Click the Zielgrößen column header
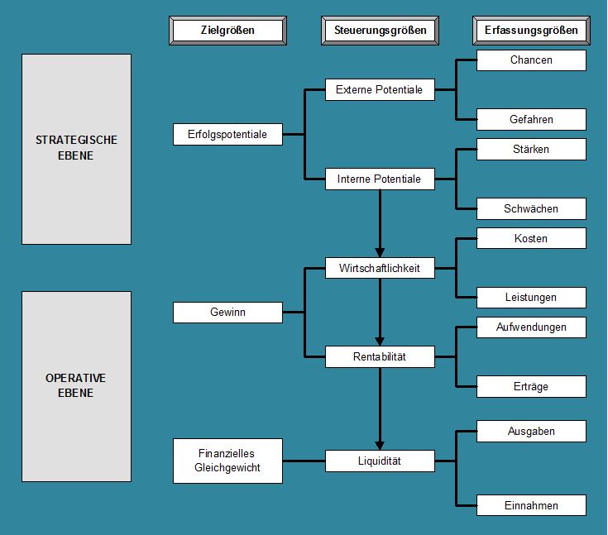[x=228, y=31]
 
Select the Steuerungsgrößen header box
[x=380, y=31]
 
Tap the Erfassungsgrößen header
[x=531, y=31]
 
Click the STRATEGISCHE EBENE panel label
[x=76, y=148]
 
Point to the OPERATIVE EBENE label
[x=75, y=385]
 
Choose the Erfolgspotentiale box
[x=228, y=135]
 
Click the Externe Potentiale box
[x=380, y=90]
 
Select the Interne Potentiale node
[x=380, y=179]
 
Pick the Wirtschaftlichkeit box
[x=380, y=268]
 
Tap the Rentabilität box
[x=380, y=356]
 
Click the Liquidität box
[x=380, y=461]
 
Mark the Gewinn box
[x=228, y=313]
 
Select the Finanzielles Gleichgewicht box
[x=228, y=461]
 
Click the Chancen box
[x=531, y=60]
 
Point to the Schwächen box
[x=531, y=209]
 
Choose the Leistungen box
[x=531, y=298]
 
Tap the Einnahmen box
[x=531, y=505]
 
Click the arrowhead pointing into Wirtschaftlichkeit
[x=380, y=252]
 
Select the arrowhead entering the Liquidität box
[x=380, y=446]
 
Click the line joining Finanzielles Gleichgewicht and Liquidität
[x=304, y=461]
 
